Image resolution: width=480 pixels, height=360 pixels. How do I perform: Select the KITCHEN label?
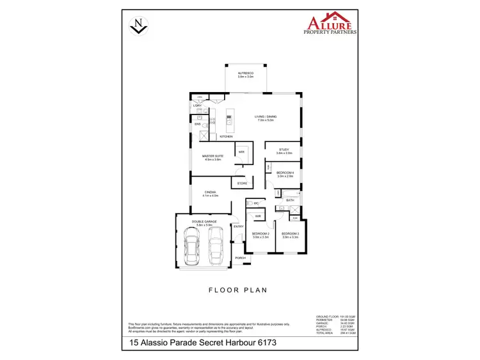point(226,137)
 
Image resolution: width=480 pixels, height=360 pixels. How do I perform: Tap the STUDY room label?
point(284,152)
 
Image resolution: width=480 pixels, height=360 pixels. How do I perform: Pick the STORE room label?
point(242,184)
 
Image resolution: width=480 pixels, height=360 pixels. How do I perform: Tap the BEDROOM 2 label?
point(260,235)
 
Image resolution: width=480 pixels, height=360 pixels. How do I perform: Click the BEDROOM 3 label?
point(290,235)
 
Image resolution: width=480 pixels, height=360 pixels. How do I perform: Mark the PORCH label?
point(240,258)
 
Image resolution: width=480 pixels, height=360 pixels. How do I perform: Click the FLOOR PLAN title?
point(238,290)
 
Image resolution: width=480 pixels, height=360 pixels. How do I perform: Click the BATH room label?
point(290,200)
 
